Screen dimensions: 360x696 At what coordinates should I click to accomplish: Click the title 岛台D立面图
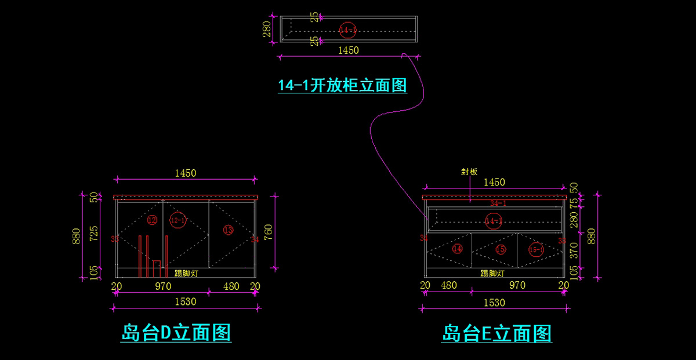pos(176,333)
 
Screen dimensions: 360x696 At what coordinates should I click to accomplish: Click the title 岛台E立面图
pos(496,333)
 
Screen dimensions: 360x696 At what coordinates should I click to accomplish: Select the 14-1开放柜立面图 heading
pos(342,85)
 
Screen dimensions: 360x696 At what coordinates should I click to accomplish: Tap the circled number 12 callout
pos(152,220)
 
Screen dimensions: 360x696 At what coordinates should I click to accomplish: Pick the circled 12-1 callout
pos(178,220)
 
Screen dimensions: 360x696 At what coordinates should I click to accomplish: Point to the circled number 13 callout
pos(228,230)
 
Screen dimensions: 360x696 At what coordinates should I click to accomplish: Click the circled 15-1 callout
pos(536,250)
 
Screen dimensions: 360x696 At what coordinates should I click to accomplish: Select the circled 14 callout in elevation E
pos(458,249)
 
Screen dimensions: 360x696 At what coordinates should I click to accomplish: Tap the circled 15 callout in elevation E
pos(501,250)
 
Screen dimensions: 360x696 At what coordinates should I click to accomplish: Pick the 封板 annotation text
pos(469,172)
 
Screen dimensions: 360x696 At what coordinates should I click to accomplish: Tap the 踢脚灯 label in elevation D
pos(186,274)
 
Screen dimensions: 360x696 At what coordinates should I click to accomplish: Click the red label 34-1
pos(498,203)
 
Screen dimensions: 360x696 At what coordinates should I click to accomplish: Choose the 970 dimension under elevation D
pos(163,286)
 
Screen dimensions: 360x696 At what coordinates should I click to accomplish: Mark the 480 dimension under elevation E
pos(449,285)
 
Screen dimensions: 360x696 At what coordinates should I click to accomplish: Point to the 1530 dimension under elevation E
pos(494,303)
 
